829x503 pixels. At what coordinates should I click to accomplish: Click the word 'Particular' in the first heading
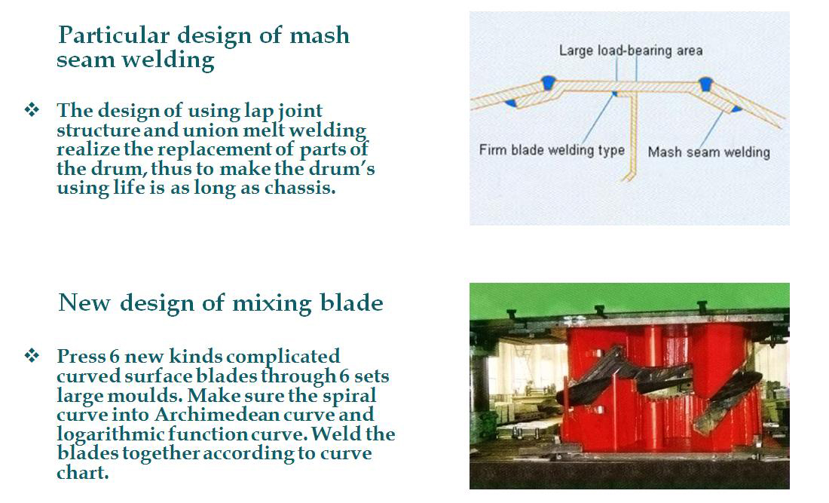click(114, 35)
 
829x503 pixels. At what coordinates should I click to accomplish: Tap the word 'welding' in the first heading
click(168, 59)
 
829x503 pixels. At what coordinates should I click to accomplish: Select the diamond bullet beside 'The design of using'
click(32, 110)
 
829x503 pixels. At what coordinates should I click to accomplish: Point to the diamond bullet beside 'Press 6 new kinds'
click(32, 355)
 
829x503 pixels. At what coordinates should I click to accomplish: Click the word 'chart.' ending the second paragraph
click(82, 472)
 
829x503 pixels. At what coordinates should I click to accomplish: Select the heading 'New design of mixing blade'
click(221, 303)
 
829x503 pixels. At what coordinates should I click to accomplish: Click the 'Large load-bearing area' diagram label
click(631, 51)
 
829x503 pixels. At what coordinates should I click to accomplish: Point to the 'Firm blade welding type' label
click(552, 150)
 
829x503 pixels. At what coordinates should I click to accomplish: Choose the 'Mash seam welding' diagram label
click(709, 152)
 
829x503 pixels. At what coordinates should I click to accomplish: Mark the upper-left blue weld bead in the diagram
click(548, 82)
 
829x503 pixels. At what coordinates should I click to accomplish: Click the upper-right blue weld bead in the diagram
click(705, 83)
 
